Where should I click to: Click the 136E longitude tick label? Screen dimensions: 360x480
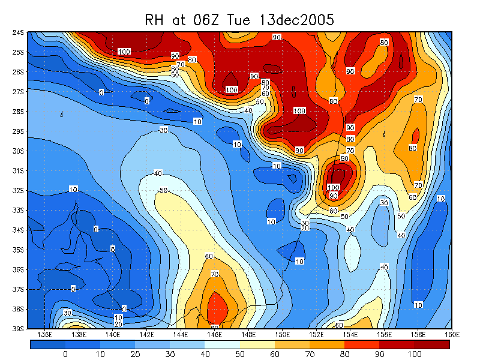[45, 334]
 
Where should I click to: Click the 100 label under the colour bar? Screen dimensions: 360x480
[415, 355]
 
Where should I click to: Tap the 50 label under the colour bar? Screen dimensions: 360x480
[240, 355]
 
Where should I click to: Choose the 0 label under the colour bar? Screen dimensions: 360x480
[65, 355]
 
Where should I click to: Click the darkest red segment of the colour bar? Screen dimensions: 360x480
[432, 344]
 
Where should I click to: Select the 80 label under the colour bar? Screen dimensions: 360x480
[345, 355]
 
